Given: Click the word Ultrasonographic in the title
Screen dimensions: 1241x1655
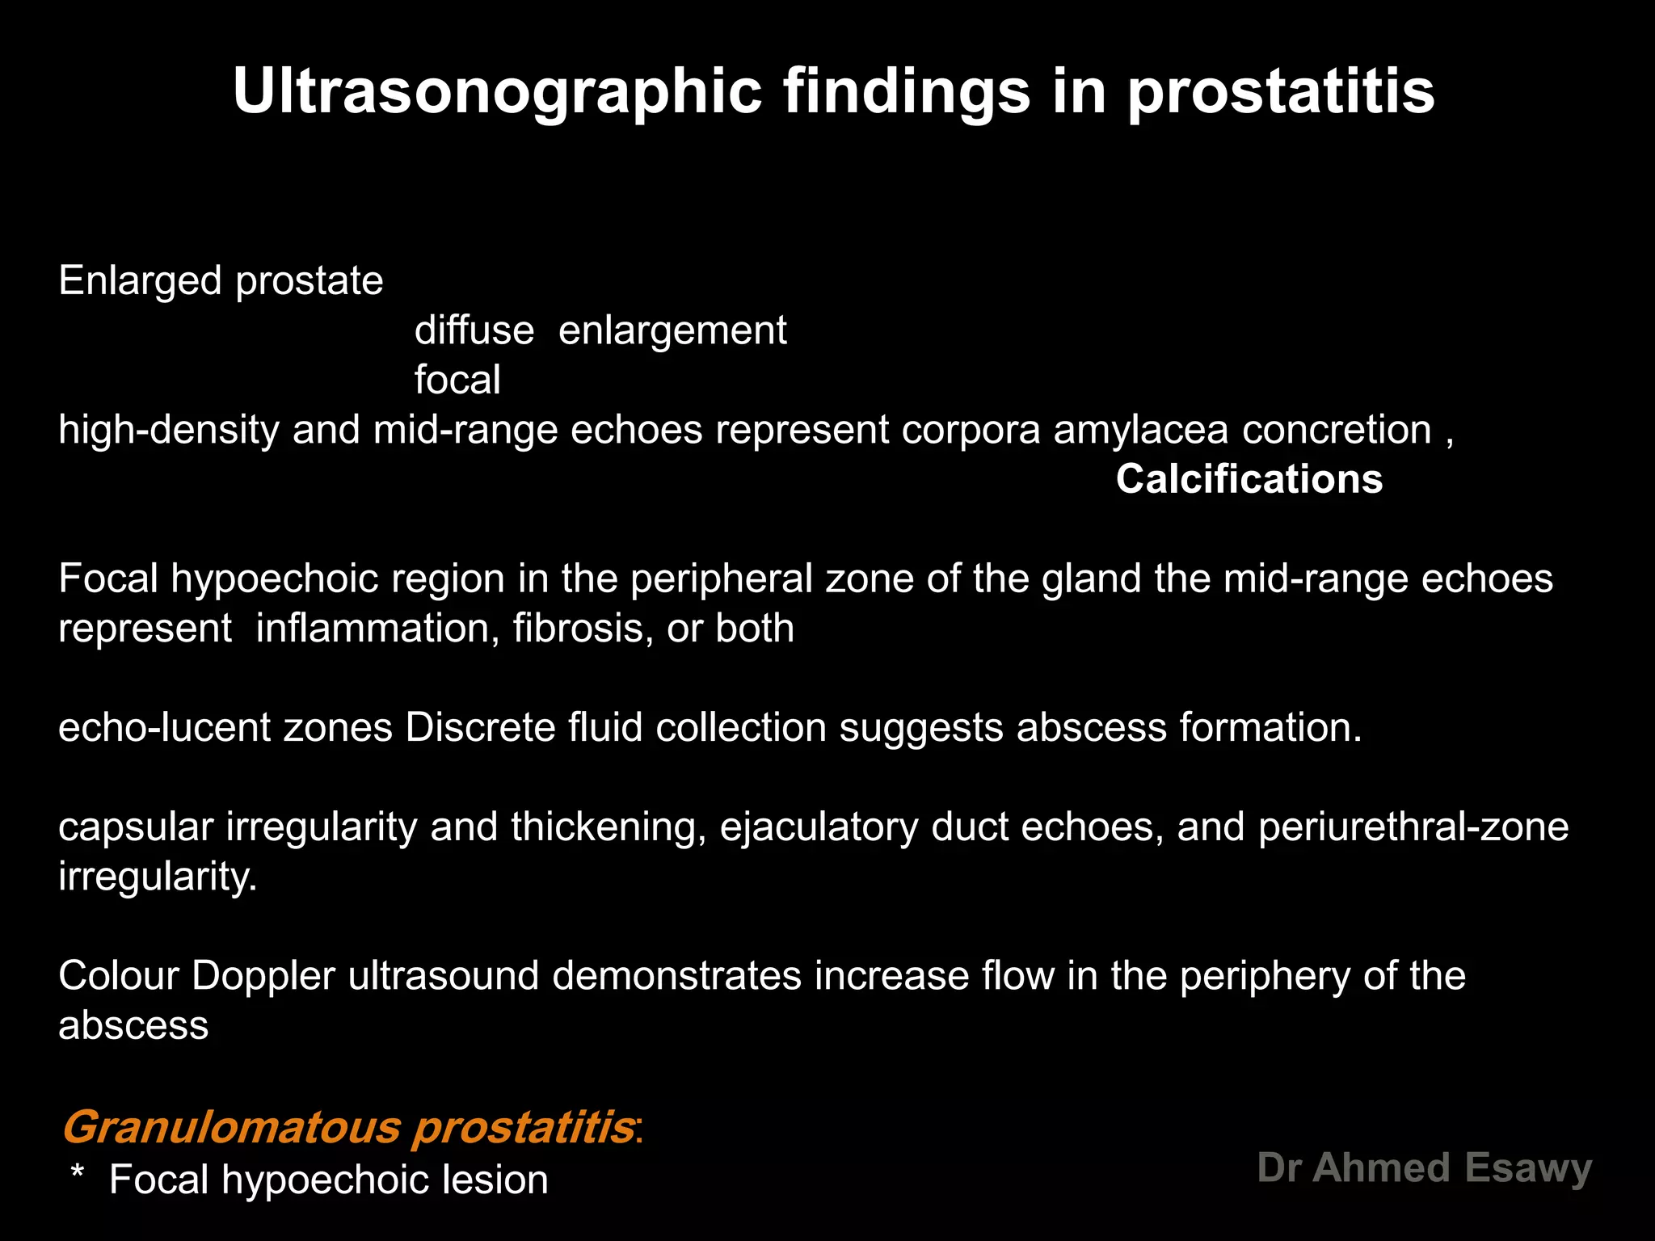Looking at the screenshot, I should pos(497,91).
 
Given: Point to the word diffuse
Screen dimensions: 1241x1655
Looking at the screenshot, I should pos(474,330).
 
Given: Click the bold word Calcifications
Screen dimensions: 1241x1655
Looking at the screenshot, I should pos(1249,479).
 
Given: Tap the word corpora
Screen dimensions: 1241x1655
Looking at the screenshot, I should pos(971,430).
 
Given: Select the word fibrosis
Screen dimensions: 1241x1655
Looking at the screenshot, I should pos(583,628).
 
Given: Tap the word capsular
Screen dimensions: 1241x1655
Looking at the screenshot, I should pos(135,827).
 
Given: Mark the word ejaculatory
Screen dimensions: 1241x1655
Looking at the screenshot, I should pos(819,827).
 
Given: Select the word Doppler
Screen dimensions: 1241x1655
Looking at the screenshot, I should pos(263,976).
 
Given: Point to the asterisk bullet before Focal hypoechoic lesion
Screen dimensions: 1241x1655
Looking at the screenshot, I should pos(78,1173).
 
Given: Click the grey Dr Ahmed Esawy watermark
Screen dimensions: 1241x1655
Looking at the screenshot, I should pos(1424,1168).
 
